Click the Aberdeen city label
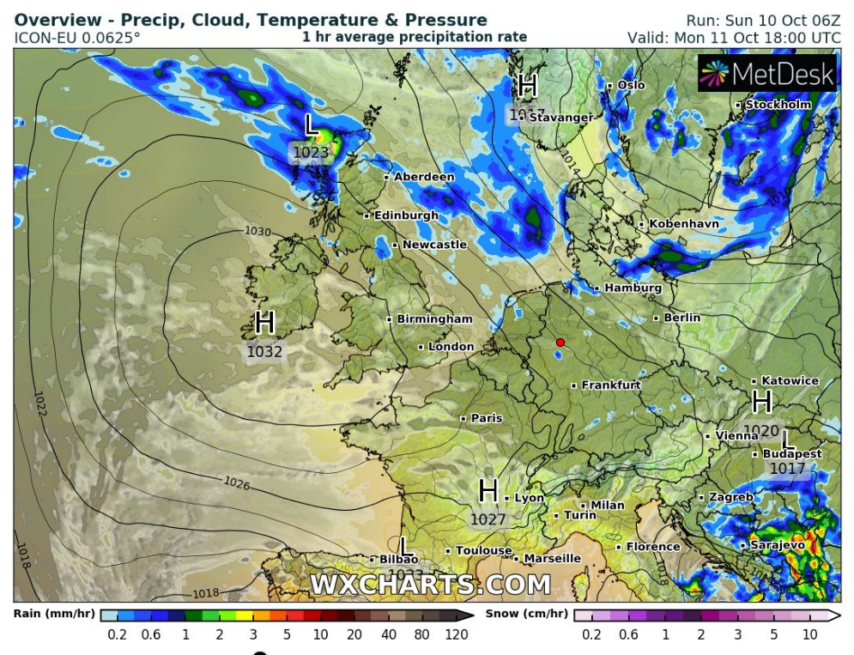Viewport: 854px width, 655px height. click(424, 177)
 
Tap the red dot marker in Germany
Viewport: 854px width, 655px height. click(560, 343)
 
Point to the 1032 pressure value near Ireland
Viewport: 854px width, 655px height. click(264, 351)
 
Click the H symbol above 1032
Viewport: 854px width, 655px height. click(264, 324)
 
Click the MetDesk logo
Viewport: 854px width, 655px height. click(767, 75)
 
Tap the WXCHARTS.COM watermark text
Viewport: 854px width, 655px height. click(430, 585)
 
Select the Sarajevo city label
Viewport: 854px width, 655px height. click(778, 545)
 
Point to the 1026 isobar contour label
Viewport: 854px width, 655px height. click(237, 485)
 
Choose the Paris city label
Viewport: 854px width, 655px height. click(487, 418)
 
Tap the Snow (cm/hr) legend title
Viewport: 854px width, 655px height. click(526, 614)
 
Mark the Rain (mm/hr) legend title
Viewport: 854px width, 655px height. click(54, 614)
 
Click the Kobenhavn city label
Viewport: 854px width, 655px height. click(684, 224)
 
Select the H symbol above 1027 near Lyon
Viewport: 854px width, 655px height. click(488, 492)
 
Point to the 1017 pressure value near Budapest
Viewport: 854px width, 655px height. click(787, 469)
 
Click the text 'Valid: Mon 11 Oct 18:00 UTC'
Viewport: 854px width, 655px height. click(734, 37)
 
